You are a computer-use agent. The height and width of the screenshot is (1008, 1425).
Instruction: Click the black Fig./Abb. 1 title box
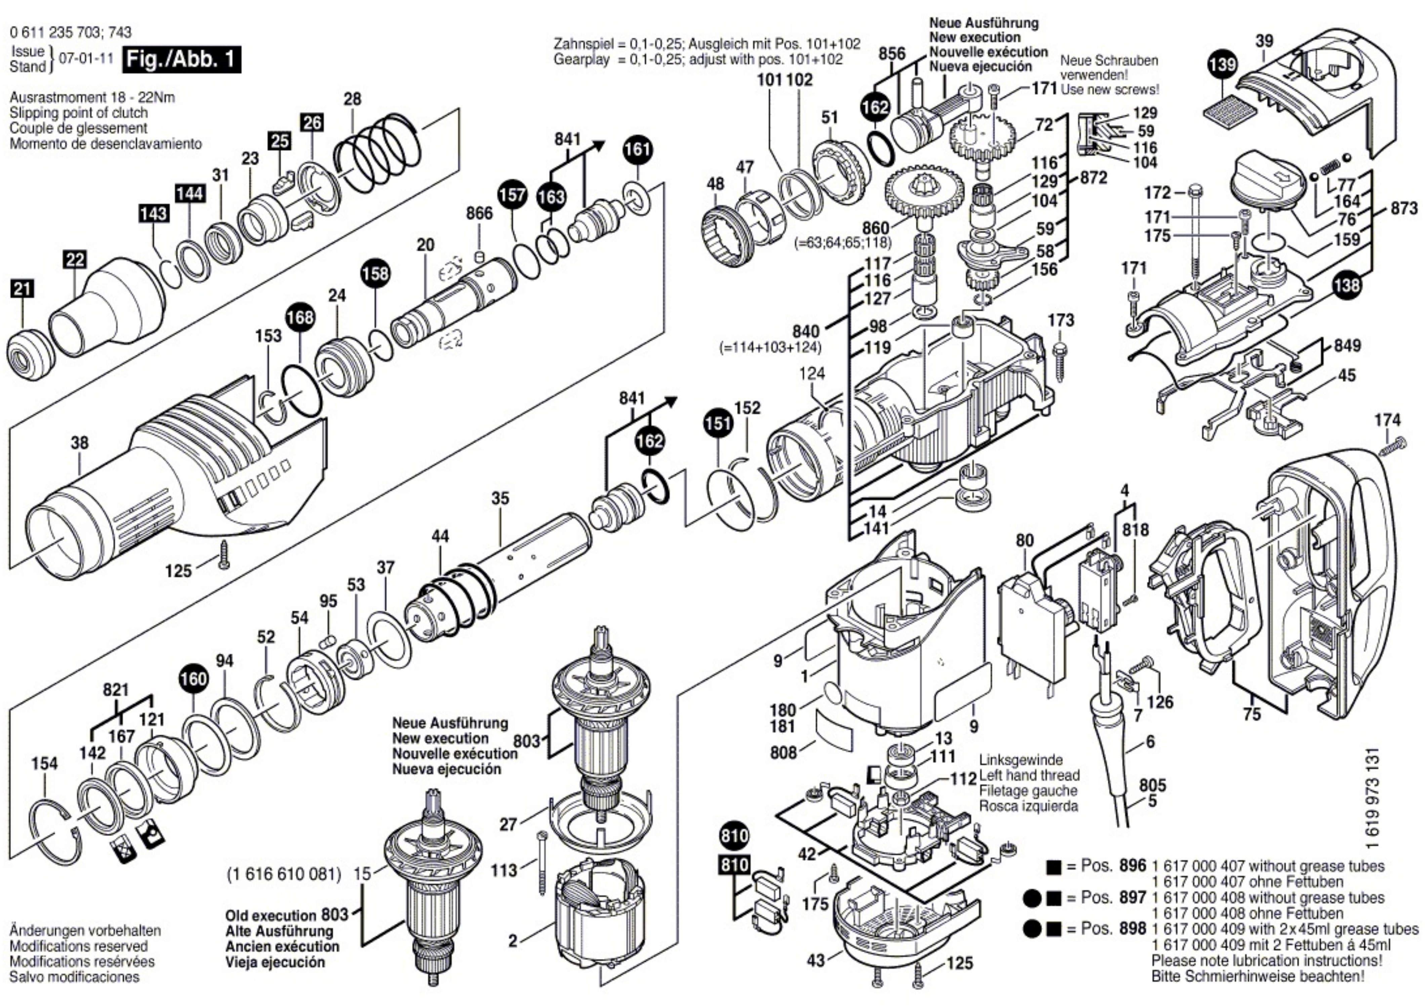click(x=181, y=59)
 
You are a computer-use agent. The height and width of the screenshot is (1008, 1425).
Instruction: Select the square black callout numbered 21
click(x=23, y=289)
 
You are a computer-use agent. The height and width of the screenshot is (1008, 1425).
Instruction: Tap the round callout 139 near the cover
click(x=1223, y=65)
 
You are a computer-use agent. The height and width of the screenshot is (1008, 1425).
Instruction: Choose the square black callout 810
click(x=735, y=865)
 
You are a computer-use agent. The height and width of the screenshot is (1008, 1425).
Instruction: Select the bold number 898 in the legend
click(x=1133, y=929)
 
